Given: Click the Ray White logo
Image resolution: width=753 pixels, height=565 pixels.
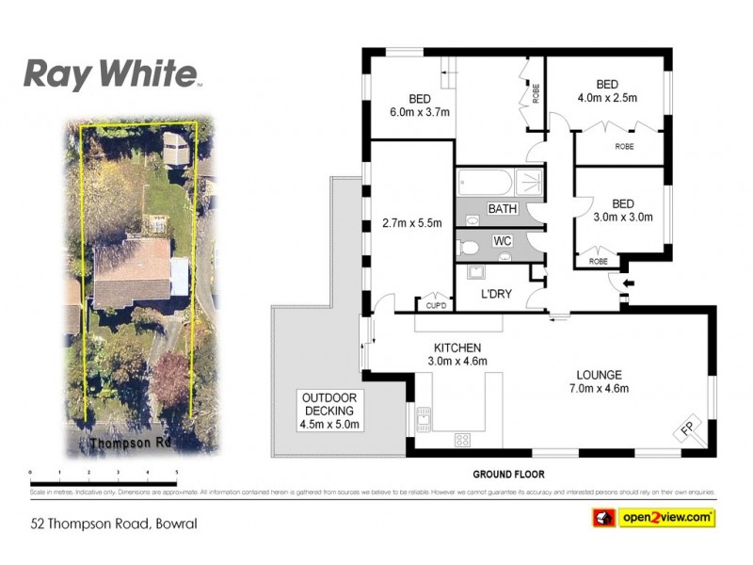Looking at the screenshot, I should [x=111, y=73].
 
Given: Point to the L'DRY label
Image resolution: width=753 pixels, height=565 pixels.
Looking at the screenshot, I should [x=495, y=294].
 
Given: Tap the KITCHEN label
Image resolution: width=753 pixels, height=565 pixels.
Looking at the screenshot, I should [x=457, y=347].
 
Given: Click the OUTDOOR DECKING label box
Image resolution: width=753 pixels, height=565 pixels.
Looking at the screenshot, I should [x=328, y=410].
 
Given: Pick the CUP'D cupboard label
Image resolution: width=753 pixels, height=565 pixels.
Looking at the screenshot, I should [x=435, y=305].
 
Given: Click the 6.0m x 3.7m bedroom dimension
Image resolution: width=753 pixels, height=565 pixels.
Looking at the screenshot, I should [x=420, y=112].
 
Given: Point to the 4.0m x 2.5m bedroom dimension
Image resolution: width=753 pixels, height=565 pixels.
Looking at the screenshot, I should [x=607, y=97].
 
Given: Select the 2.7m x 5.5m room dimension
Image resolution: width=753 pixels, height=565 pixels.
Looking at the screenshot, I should [x=411, y=223].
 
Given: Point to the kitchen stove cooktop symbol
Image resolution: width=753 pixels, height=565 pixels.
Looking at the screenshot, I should [x=463, y=439].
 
